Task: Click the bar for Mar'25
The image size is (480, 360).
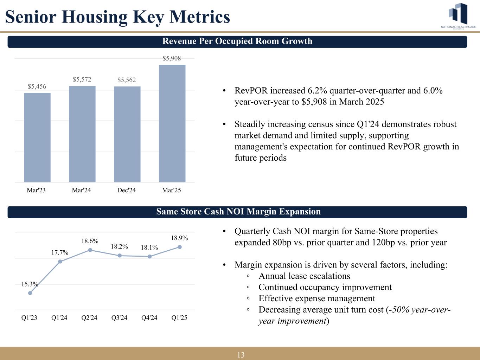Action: (x=172, y=123)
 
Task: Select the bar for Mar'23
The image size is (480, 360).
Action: (x=37, y=137)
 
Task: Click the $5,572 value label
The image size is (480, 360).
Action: (x=82, y=79)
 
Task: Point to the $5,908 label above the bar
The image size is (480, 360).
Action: (x=172, y=58)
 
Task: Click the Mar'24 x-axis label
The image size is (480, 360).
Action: (x=81, y=191)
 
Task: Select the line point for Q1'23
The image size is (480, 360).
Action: (x=30, y=293)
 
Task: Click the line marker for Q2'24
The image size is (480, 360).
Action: (x=90, y=250)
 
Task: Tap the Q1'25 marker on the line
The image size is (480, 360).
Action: (x=180, y=247)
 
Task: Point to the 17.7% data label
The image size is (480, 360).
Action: (x=60, y=252)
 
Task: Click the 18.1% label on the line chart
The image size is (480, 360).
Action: (x=149, y=248)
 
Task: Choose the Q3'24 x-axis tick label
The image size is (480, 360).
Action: (x=119, y=318)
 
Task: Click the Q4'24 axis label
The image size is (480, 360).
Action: (x=149, y=318)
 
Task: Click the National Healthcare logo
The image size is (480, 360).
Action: (x=458, y=16)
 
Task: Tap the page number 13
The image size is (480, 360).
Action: (x=241, y=355)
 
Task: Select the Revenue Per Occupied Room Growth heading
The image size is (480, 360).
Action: (x=237, y=41)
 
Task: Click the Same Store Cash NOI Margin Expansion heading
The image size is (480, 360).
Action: (x=238, y=212)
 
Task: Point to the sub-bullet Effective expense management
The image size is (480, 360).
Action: (x=316, y=298)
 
